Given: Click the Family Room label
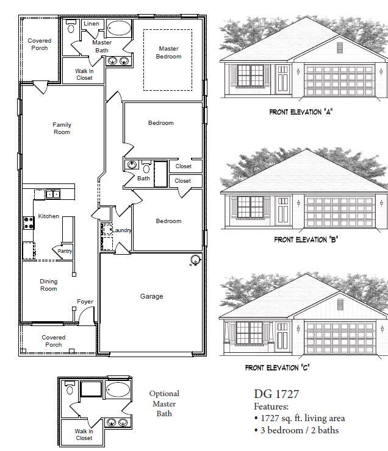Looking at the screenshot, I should point(62,128).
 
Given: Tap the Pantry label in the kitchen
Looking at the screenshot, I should point(65,250).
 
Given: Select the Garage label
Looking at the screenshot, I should point(151,296).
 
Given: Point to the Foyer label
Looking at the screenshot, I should point(85,302).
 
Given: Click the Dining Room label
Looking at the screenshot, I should point(49,285).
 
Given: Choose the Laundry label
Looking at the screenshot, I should point(122,230).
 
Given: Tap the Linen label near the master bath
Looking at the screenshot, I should point(91,24).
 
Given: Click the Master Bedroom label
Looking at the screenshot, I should point(168,52).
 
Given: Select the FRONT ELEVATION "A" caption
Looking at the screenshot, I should point(301,112).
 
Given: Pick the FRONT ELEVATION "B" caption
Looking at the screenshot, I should point(306,240).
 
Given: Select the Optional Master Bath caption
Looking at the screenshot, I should point(164,403).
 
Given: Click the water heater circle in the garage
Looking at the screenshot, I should point(195,261).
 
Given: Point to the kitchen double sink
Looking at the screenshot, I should point(48,194).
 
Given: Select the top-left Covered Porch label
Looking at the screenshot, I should point(40,44).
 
